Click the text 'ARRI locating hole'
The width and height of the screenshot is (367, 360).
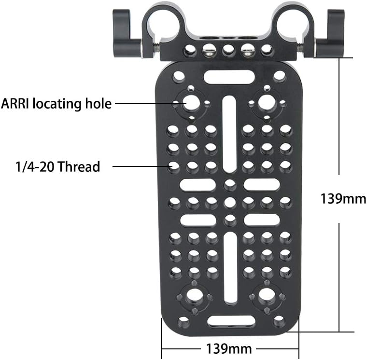pyautogui.click(x=56, y=103)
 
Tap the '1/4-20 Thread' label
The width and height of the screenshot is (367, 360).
pyautogui.click(x=57, y=167)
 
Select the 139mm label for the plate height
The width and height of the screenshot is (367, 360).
pyautogui.click(x=343, y=198)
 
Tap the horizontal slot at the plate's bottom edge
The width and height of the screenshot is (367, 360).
pyautogui.click(x=229, y=320)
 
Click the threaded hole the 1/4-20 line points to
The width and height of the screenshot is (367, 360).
pyautogui.click(x=175, y=167)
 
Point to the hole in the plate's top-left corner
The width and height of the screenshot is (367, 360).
pyautogui.click(x=179, y=76)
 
